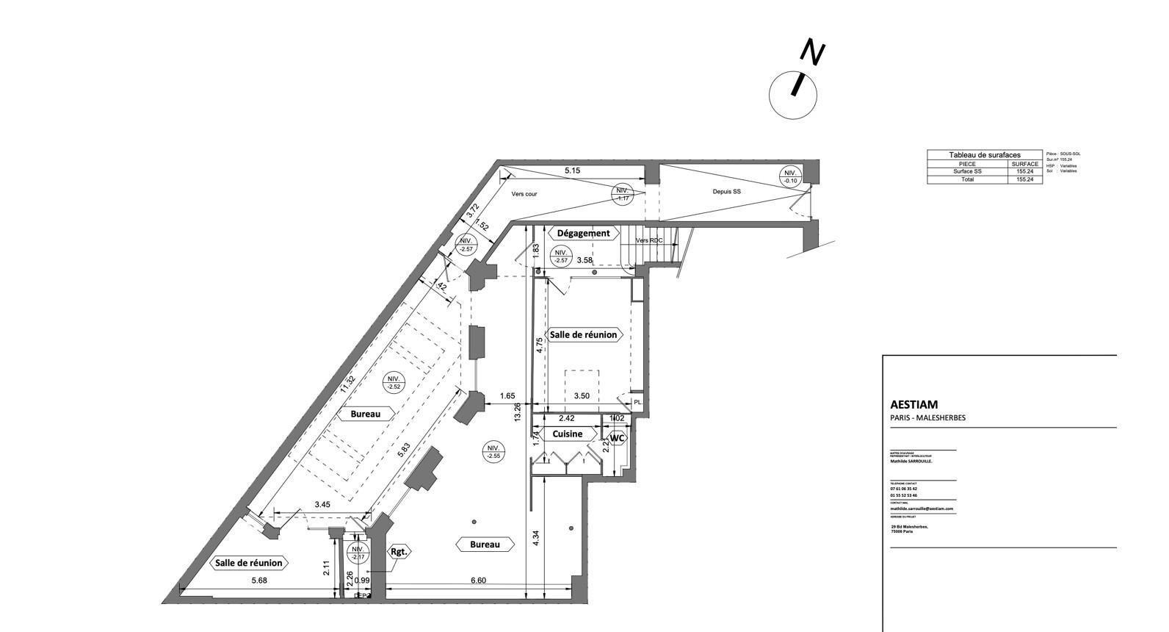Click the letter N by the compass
pos(812,52)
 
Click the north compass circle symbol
pos(793,95)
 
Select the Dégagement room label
pos(583,233)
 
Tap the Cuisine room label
pos(567,434)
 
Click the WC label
pos(618,438)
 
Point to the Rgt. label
pos(399,551)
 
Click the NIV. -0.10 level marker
pos(790,176)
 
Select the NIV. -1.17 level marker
pos(623,193)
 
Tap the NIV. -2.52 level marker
pos(394,382)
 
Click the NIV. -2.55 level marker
pos(493,452)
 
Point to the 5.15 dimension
pos(572,170)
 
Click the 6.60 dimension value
pos(478,581)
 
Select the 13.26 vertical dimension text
pos(518,412)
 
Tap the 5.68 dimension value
pos(258,581)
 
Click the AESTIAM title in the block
pos(913,404)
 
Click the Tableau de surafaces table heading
pos(984,155)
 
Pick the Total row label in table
pos(967,179)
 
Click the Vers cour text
pos(524,194)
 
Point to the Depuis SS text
pos(726,191)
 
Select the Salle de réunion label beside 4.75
pos(584,334)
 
